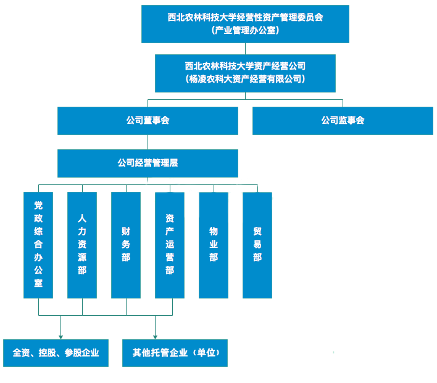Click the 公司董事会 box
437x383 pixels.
(148, 121)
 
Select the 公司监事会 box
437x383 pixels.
(343, 121)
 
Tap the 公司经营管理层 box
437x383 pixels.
(148, 163)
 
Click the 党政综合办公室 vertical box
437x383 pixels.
(38, 245)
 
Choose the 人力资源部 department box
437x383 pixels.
(82, 245)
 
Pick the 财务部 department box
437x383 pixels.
(126, 245)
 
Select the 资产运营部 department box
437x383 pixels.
(170, 245)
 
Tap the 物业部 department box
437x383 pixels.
(214, 245)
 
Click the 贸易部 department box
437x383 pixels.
(257, 245)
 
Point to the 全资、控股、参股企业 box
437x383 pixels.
(56, 353)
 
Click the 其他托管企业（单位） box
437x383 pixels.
(175, 353)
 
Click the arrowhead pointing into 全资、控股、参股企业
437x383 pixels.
(60, 337)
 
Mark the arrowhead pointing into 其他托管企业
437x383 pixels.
(156, 337)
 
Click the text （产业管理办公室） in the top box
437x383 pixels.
(245, 30)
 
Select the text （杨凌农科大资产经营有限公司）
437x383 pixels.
(245, 79)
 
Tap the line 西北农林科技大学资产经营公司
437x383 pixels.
(245, 66)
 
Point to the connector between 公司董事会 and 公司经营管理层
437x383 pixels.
(148, 142)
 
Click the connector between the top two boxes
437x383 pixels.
(245, 49)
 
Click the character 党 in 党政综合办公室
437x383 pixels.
(38, 205)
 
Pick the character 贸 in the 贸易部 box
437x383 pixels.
(257, 231)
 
